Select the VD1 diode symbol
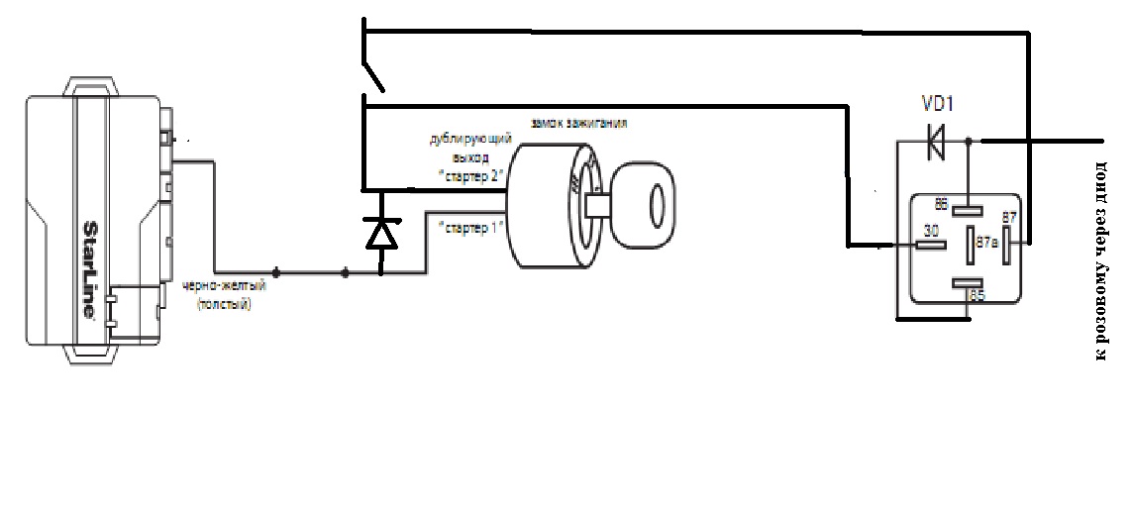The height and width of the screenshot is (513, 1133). [934, 142]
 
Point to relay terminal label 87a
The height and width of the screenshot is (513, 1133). [986, 241]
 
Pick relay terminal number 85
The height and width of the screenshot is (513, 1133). [978, 295]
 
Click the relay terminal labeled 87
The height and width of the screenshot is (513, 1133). [1009, 218]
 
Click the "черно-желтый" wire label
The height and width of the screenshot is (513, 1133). [225, 287]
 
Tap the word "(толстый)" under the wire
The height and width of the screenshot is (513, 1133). [225, 304]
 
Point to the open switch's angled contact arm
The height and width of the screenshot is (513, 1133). [374, 75]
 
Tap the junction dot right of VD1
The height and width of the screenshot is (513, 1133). [969, 141]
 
